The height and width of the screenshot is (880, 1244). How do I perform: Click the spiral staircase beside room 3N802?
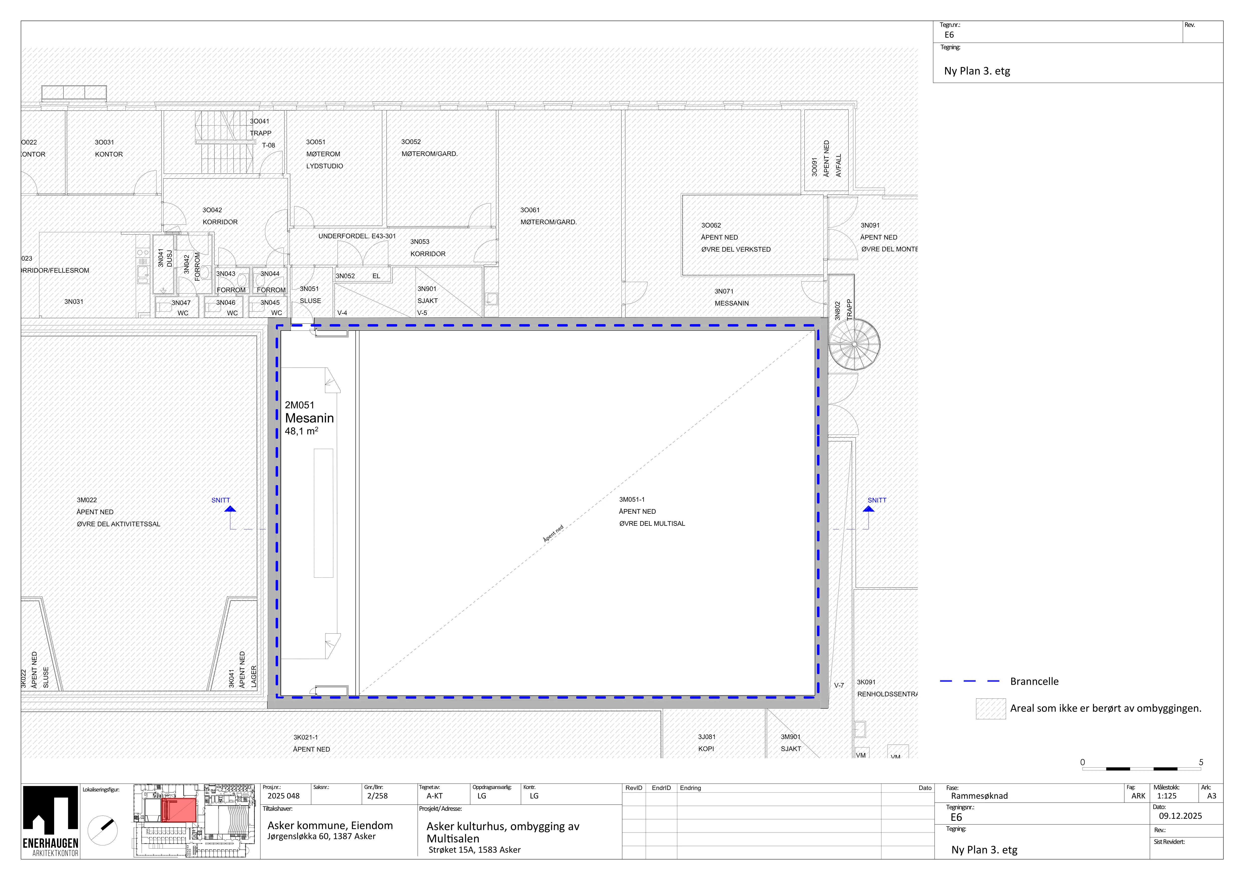click(854, 345)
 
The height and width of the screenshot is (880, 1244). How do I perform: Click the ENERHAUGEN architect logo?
click(50, 821)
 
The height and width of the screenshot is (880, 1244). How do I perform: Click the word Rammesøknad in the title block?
click(980, 796)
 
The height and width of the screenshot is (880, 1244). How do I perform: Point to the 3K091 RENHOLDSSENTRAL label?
click(887, 688)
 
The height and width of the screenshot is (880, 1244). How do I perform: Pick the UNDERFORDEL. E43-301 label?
click(357, 236)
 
